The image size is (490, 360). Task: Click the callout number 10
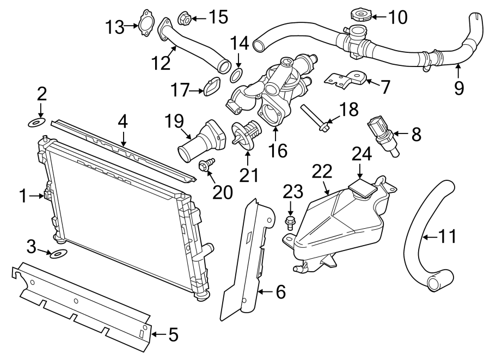click(x=398, y=17)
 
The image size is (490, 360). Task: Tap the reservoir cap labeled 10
click(x=360, y=15)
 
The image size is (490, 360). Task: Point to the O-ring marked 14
click(x=237, y=74)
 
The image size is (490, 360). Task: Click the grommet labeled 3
click(x=57, y=253)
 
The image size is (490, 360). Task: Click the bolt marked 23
click(x=290, y=221)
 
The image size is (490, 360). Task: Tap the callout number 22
click(x=322, y=172)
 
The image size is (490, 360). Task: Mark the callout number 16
click(x=278, y=150)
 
